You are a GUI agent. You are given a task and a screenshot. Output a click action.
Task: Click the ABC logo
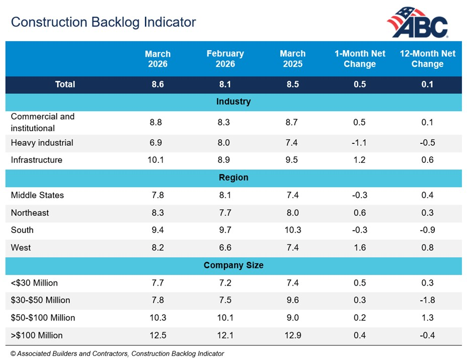click(417, 23)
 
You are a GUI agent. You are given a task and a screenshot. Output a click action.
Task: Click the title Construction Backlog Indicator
click(104, 22)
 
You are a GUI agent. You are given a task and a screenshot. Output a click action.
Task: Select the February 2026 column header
click(225, 59)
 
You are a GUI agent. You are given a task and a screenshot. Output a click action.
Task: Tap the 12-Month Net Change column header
click(427, 59)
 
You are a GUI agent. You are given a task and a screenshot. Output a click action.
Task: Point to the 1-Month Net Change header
click(360, 59)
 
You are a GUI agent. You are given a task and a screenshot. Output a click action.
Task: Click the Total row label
click(65, 84)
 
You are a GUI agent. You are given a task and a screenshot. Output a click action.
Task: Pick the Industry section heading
click(233, 102)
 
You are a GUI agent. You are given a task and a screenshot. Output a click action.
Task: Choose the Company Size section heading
click(233, 265)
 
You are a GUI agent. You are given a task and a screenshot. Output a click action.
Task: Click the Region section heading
click(233, 177)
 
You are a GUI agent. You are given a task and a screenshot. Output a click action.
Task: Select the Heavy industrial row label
click(42, 143)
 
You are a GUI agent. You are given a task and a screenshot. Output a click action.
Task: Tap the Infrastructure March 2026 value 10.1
click(158, 160)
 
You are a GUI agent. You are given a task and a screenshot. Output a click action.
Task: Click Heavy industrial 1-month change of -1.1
click(359, 143)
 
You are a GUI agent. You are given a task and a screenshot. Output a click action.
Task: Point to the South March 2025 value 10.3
click(292, 230)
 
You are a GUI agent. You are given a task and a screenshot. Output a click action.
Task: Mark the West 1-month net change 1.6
click(360, 247)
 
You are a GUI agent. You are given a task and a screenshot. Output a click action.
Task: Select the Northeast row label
click(30, 213)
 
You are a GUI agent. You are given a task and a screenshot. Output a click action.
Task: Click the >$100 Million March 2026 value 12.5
click(158, 335)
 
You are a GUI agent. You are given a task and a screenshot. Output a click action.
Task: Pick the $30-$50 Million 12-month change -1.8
click(427, 300)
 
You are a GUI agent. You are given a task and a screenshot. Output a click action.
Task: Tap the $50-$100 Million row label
click(43, 318)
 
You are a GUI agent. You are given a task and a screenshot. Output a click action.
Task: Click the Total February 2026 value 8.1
click(225, 84)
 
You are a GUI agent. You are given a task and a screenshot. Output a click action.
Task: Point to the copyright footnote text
click(117, 353)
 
